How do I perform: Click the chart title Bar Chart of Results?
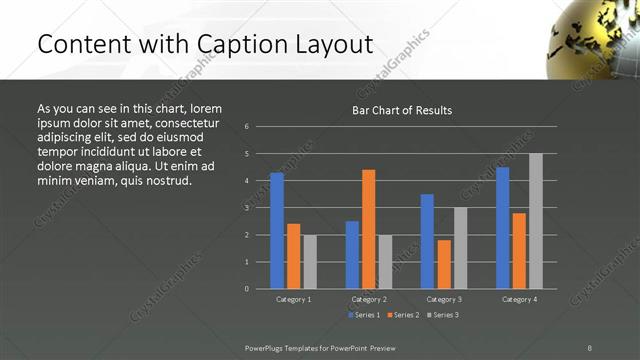point(401,110)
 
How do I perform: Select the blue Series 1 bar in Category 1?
point(277,230)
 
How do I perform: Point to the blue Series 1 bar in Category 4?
point(502,227)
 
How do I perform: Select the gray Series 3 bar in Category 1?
point(310,261)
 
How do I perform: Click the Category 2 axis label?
point(369,299)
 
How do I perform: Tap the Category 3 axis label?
point(443,299)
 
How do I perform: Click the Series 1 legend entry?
point(364,315)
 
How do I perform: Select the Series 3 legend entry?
point(443,315)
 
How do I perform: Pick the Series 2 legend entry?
point(403,315)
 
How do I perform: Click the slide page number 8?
point(590,347)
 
